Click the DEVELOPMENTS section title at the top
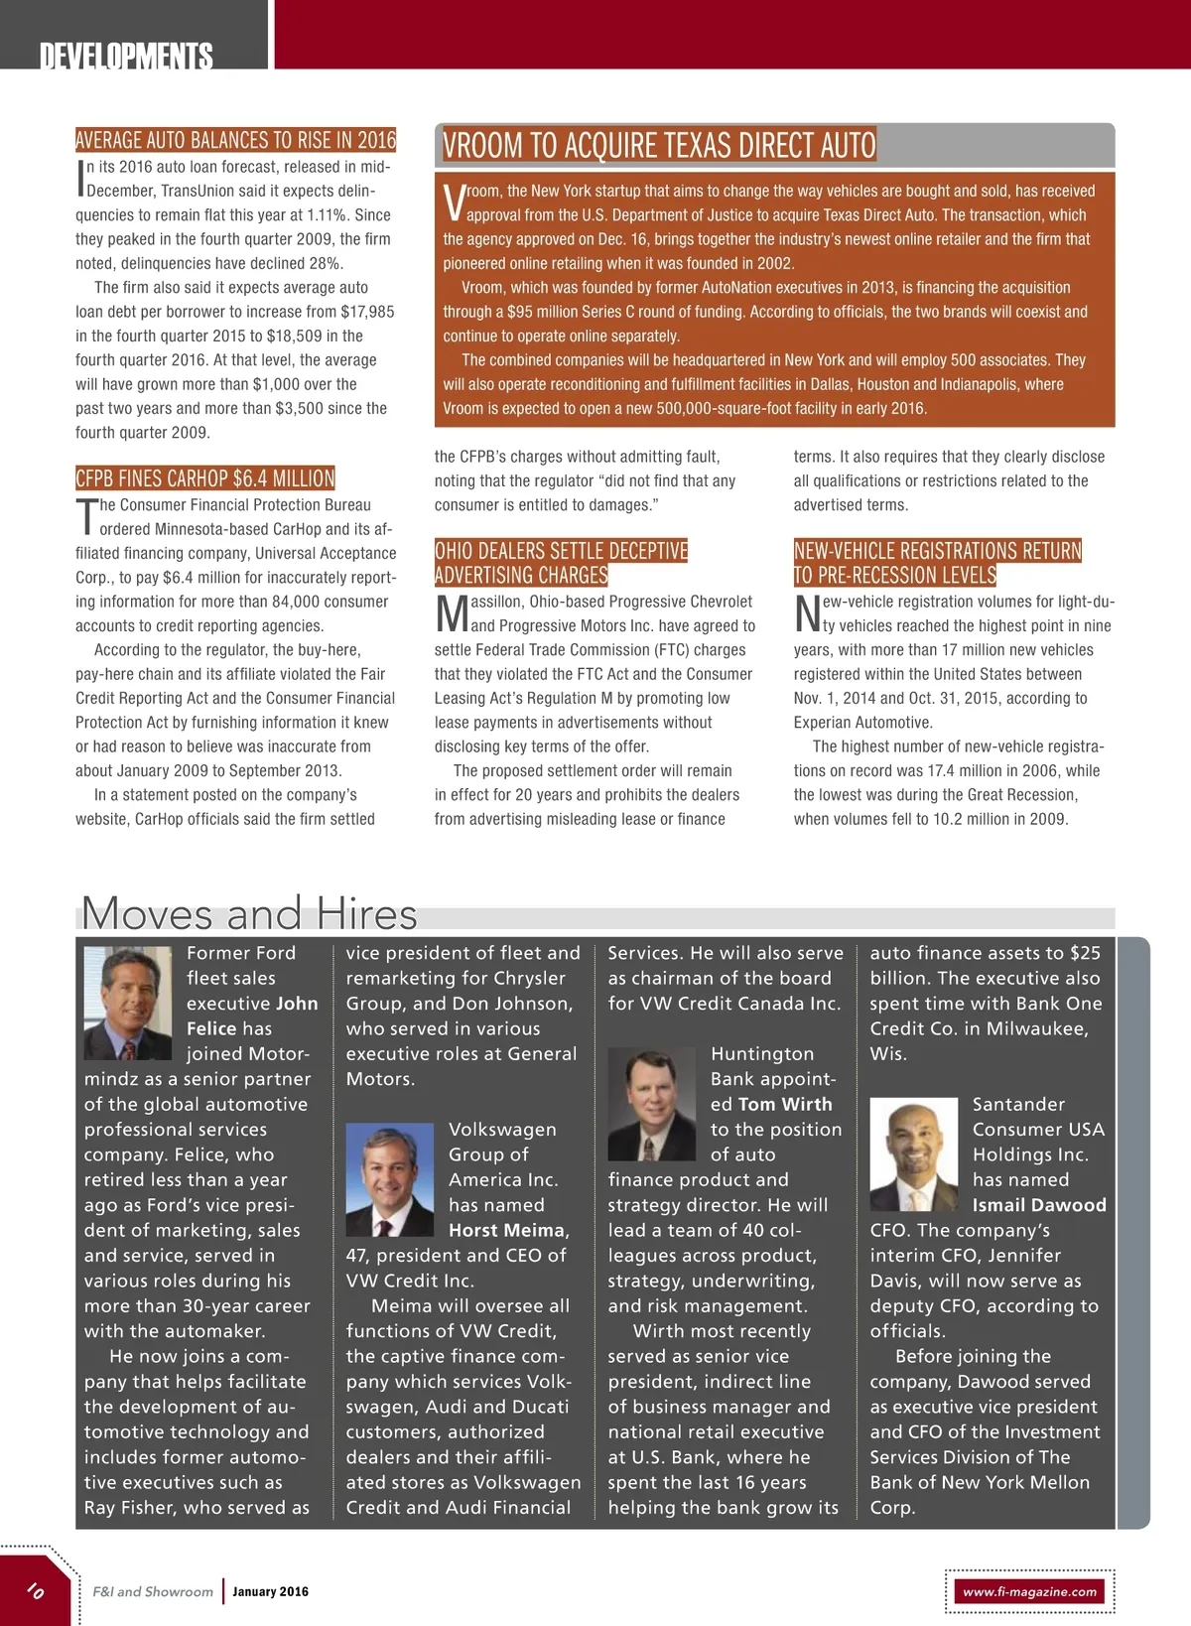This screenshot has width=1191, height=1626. (126, 56)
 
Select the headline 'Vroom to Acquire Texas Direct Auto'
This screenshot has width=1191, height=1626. (659, 146)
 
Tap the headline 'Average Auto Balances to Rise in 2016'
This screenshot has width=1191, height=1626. (235, 140)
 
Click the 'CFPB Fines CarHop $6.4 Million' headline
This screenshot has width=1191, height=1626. (205, 478)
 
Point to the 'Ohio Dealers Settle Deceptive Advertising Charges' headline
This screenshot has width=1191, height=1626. (561, 563)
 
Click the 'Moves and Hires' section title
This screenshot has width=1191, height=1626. (249, 913)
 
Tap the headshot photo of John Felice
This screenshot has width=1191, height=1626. (128, 1004)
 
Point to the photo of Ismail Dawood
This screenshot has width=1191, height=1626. (914, 1154)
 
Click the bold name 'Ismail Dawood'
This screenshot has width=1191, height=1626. (1039, 1205)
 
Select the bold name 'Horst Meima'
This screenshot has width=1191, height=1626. (508, 1230)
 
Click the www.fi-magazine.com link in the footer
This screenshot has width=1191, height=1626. (1030, 1591)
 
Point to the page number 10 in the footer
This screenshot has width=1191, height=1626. (36, 1590)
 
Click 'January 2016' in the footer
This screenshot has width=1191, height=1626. (271, 1591)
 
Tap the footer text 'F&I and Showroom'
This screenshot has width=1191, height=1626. (153, 1591)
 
